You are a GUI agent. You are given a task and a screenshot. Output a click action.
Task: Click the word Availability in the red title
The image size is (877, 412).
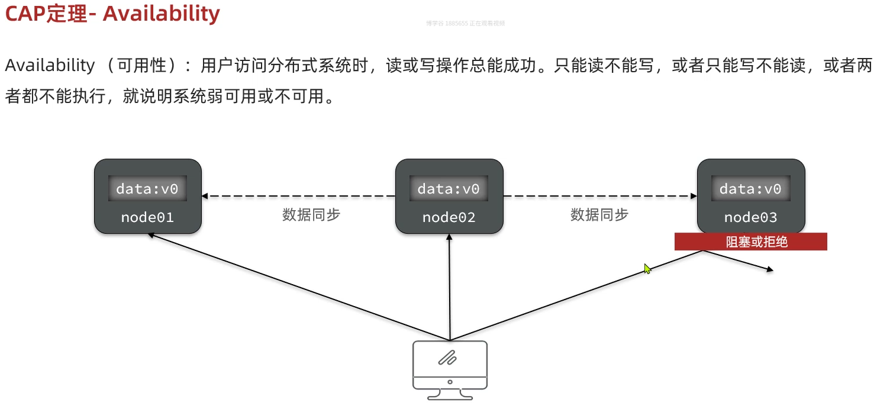[x=161, y=14]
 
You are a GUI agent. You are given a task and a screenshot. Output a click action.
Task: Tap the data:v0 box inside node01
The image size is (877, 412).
[x=147, y=189]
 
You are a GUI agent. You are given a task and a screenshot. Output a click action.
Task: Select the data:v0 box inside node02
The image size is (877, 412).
[x=449, y=189]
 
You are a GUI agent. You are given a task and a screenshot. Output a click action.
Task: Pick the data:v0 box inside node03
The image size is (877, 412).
[x=750, y=189]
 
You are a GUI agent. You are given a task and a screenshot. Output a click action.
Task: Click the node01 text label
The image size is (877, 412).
[x=147, y=217]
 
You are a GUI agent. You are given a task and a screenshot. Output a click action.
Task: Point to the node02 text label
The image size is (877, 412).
[x=449, y=217]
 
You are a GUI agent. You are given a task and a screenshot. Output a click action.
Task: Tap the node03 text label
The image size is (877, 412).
[x=750, y=217]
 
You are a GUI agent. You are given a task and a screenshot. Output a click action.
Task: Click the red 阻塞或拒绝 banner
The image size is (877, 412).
[x=750, y=242]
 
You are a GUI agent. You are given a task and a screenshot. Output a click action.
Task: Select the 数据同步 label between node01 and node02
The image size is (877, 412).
[x=311, y=215]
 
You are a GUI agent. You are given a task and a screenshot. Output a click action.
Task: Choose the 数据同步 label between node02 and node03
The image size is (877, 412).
[x=599, y=215]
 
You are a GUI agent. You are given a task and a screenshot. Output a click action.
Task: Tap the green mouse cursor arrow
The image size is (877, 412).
[x=647, y=269]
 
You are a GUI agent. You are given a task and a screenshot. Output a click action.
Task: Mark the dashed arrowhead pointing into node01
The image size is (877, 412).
[x=205, y=196]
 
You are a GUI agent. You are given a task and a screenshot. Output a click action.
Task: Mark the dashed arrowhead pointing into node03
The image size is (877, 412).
[x=693, y=196]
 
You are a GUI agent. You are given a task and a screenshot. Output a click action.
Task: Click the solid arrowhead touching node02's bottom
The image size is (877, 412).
[x=450, y=237]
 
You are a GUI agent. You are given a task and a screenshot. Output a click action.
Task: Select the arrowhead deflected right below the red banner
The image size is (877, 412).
[x=769, y=270]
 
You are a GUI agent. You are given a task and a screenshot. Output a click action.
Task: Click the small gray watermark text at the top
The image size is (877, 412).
[x=465, y=23]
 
